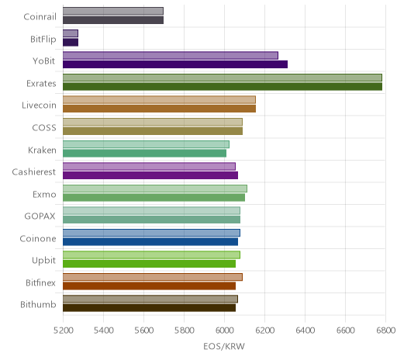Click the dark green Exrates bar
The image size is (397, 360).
(x=223, y=86)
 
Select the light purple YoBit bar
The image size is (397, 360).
(x=171, y=56)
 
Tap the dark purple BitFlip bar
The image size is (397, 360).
(x=71, y=43)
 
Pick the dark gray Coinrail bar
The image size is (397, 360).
(x=113, y=20)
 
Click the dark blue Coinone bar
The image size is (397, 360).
(x=150, y=242)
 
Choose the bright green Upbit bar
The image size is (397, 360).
(x=149, y=264)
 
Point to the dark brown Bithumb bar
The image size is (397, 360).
(x=149, y=308)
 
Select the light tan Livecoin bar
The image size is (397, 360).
(x=159, y=100)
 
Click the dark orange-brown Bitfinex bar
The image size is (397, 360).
(x=149, y=286)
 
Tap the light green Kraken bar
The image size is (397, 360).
(x=146, y=144)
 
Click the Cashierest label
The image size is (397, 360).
(x=34, y=172)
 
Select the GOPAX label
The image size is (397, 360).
(x=40, y=216)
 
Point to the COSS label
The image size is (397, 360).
(x=44, y=128)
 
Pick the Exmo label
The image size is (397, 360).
(x=44, y=194)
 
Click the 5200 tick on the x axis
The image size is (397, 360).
(x=63, y=331)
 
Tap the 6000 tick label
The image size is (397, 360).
(x=225, y=331)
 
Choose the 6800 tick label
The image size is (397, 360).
(x=385, y=331)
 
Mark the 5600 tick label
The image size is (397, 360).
(x=144, y=331)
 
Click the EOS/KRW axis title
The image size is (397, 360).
(x=224, y=346)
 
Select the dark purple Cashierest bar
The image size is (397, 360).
(x=150, y=175)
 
